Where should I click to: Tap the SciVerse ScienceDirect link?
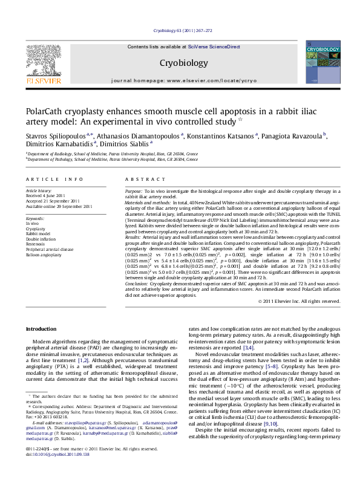(x=214, y=47)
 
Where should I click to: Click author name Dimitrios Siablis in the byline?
(x=129, y=146)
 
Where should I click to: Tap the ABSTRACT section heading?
(x=142, y=180)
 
